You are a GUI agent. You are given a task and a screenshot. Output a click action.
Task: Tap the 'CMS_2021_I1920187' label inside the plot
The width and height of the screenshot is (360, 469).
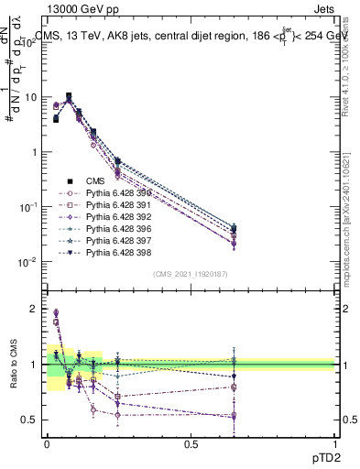pyautogui.click(x=191, y=274)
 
